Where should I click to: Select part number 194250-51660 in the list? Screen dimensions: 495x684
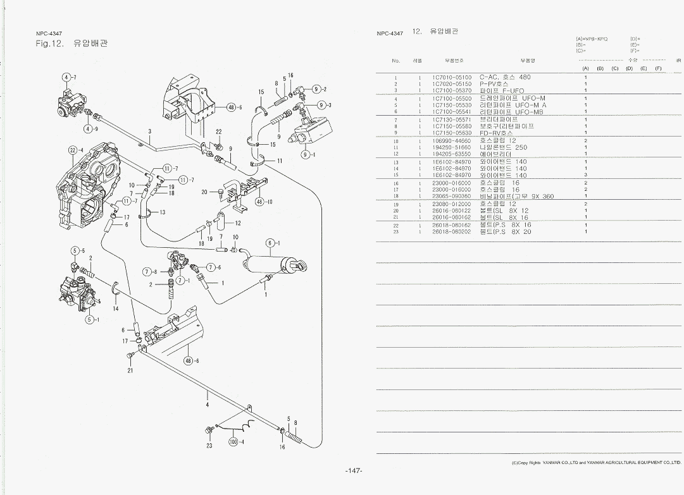coord(452,147)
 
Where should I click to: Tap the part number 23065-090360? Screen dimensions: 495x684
coord(452,196)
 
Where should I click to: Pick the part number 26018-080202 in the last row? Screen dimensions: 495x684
coord(452,231)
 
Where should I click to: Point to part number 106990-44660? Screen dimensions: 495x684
coord(452,140)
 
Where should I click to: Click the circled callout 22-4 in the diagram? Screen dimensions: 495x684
coord(76,150)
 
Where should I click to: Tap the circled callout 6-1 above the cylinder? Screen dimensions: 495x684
coord(272,243)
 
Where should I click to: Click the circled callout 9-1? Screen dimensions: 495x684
coord(308,153)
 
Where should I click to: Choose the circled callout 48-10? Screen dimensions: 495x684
coord(262,202)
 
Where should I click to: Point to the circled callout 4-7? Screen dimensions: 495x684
coord(69,77)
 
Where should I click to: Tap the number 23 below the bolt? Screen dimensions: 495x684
coord(209,446)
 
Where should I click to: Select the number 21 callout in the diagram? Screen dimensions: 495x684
coord(130,371)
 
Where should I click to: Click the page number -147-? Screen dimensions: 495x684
coord(353,471)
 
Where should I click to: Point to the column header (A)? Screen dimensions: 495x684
coord(585,68)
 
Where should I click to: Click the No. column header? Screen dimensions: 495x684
coord(396,61)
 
